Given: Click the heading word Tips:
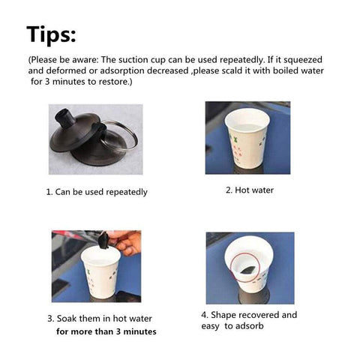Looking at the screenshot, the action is coord(51,34).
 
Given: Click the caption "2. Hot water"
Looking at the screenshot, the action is coord(250,190).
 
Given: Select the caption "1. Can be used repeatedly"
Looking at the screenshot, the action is coord(97,192).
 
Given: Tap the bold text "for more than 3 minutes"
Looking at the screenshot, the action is coord(106,331).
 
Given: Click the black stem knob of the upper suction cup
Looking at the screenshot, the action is coord(65,118).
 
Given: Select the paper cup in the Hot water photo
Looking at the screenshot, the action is coord(247,138).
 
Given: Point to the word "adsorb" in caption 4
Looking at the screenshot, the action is coord(249,326).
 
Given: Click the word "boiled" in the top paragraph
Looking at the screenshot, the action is coord(286,70).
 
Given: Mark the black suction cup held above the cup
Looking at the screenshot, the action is coord(103,241).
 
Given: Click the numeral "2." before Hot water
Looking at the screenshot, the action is coord(229,190).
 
